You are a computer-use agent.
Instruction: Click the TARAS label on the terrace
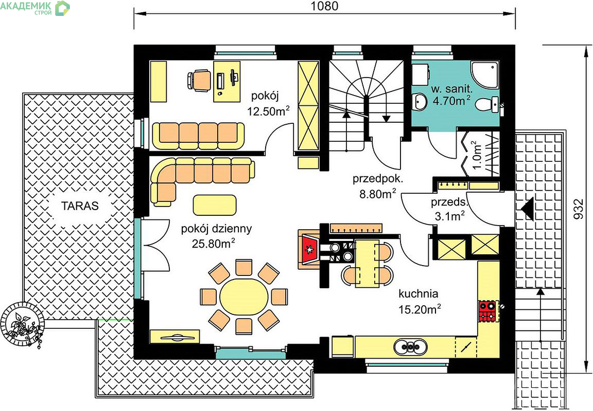pos(80,206)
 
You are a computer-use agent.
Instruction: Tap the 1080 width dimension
pos(324,6)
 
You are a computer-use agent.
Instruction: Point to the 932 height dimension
pos(578,209)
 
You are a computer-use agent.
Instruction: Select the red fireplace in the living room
pos(310,249)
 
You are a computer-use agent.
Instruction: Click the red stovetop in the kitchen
pos(487,311)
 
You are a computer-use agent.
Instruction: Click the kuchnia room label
pos(418,293)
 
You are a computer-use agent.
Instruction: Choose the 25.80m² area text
pos(213,244)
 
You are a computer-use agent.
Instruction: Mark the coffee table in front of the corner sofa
pos(215,205)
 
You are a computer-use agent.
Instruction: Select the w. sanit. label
pos(451,89)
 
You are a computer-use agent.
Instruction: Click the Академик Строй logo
pos(35,8)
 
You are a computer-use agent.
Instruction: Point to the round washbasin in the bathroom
pos(420,102)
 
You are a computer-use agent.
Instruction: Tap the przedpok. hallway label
pos(378,178)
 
